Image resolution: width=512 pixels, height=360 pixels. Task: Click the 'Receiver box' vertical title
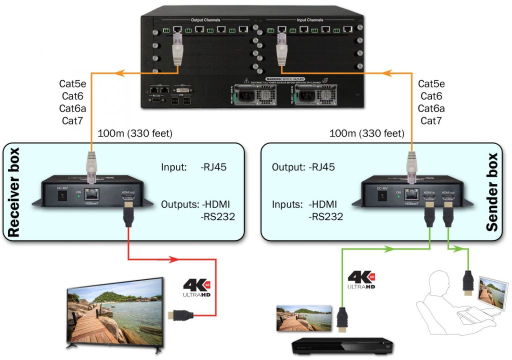tap(13, 192)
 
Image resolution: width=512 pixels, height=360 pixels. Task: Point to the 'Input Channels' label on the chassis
tap(310, 20)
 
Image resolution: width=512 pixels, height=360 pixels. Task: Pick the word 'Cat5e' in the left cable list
tap(72, 84)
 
